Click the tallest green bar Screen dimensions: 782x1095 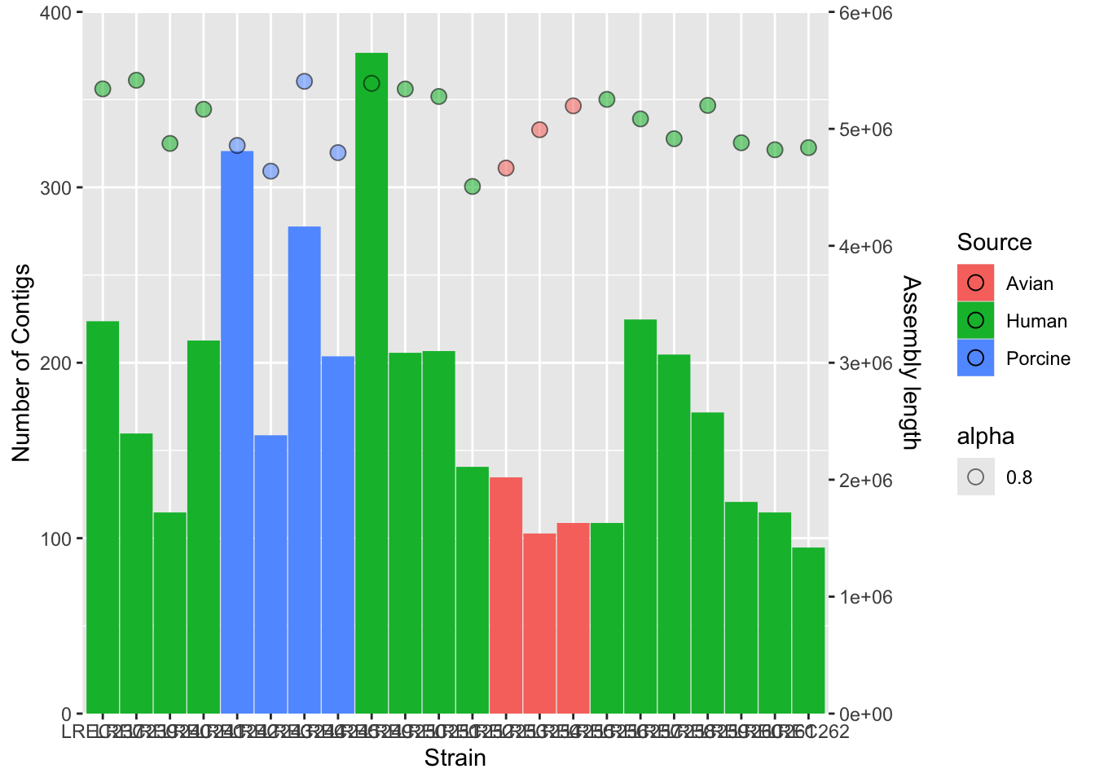[372, 383]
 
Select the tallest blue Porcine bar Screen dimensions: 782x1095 [237, 432]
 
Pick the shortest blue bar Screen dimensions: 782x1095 [270, 574]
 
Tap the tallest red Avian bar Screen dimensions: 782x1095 [506, 595]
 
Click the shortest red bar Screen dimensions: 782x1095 [539, 623]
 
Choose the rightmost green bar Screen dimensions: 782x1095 [808, 630]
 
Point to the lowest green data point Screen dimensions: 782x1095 [473, 187]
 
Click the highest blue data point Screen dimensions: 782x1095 [305, 81]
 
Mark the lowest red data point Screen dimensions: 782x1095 [506, 168]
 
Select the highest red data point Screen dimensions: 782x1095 [573, 106]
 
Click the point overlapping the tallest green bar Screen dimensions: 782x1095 [372, 83]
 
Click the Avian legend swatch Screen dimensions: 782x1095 [976, 283]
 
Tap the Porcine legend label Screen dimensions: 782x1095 [1038, 358]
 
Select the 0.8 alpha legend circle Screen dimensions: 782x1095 [976, 477]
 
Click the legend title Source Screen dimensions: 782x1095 [994, 243]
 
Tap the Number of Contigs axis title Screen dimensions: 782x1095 [21, 362]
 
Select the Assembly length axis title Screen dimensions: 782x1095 [911, 362]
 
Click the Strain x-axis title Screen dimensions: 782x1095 [455, 758]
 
